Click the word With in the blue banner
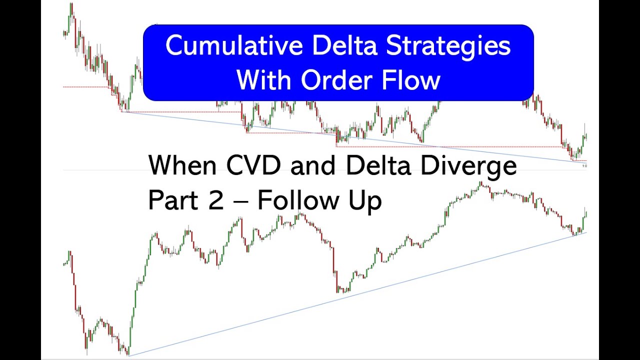coord(264,80)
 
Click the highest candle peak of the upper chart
coord(71,4)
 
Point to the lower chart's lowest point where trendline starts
coord(129,355)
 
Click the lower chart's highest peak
coord(481,183)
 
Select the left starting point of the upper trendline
coord(122,111)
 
